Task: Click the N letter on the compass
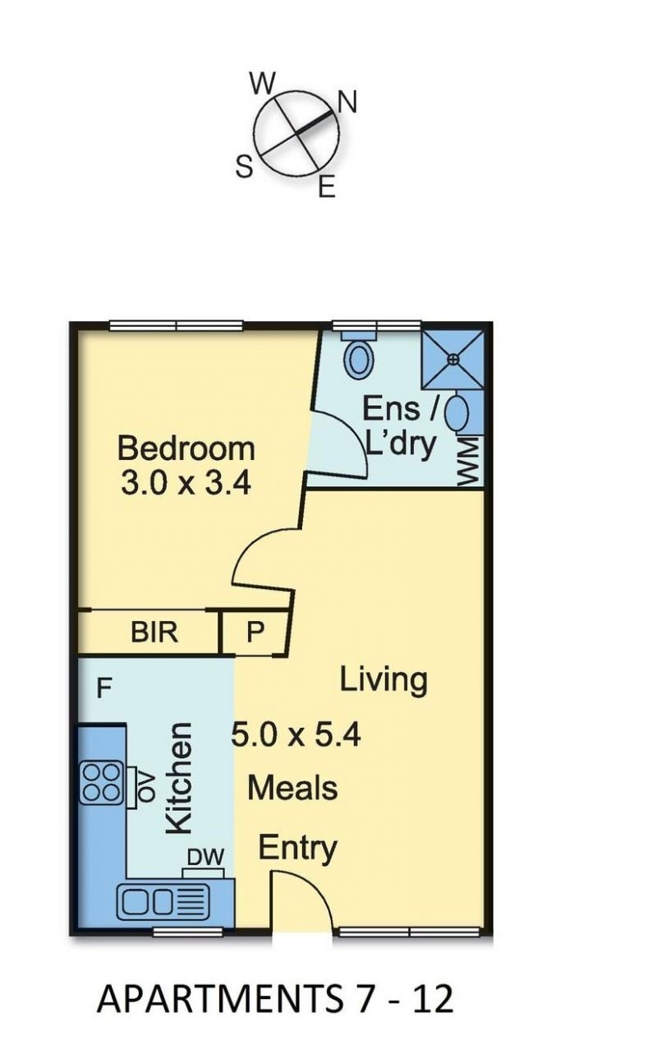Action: coord(347,102)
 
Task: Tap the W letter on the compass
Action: coord(263,84)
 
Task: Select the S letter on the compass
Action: coord(245,167)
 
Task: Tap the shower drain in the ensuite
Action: coord(453,360)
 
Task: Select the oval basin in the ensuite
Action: coord(456,412)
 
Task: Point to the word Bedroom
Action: coord(186,449)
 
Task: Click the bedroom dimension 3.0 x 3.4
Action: coord(186,483)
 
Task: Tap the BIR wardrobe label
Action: coord(154,632)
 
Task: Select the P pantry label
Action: coord(255,632)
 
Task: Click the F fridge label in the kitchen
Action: coord(104,688)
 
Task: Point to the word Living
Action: coord(384,681)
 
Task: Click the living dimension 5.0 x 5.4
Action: coord(296,735)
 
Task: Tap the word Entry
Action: coord(298,849)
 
